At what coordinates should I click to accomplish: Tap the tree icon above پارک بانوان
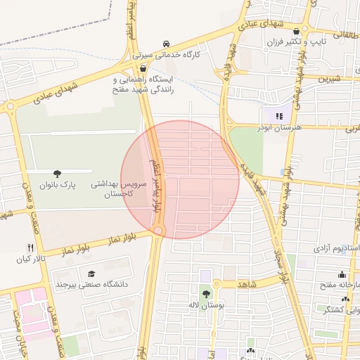tap(57, 173)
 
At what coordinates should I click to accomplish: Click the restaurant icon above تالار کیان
tap(30, 247)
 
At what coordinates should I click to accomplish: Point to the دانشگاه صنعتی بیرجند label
tap(89, 285)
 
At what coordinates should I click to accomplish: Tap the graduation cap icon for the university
tap(91, 274)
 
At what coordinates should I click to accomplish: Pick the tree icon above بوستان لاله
tap(206, 294)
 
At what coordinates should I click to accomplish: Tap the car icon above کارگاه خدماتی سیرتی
tap(167, 43)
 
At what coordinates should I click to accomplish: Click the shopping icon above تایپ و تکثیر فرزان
tap(297, 31)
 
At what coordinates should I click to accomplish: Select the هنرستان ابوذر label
tap(281, 127)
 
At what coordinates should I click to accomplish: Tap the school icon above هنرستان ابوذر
tap(279, 115)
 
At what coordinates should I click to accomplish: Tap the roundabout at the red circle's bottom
tap(159, 231)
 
